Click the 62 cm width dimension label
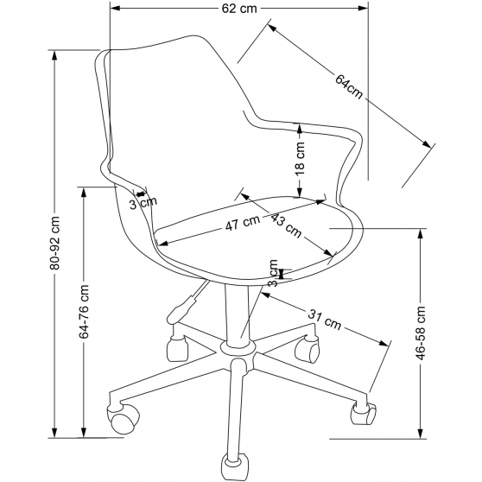pyautogui.click(x=239, y=9)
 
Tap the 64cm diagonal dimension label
pyautogui.click(x=349, y=86)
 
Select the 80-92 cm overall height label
pyautogui.click(x=55, y=243)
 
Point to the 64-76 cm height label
pyautogui.click(x=84, y=312)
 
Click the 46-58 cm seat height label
pyautogui.click(x=421, y=333)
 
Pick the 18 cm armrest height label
pyautogui.click(x=300, y=159)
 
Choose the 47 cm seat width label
pyautogui.click(x=243, y=223)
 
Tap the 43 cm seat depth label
pyautogui.click(x=286, y=226)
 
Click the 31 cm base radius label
pyautogui.click(x=325, y=320)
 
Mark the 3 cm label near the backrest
pyautogui.click(x=143, y=203)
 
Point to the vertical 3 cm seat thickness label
pyautogui.click(x=273, y=273)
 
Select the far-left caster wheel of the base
pyautogui.click(x=123, y=418)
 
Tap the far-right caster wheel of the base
pyautogui.click(x=364, y=414)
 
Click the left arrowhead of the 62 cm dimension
pyautogui.click(x=115, y=9)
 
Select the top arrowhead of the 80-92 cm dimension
pyautogui.click(x=54, y=55)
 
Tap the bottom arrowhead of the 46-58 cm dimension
pyautogui.click(x=421, y=433)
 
